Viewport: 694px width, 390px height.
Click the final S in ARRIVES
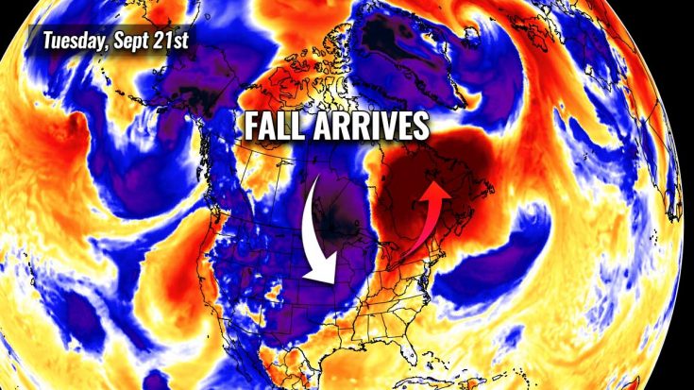[x=420, y=127]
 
